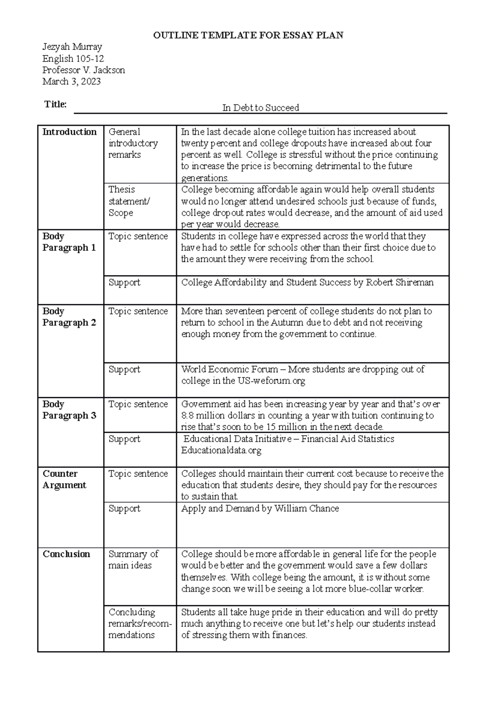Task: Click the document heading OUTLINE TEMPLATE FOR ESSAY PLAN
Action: (248, 36)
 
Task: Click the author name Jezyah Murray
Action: (72, 47)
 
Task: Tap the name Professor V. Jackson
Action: (83, 70)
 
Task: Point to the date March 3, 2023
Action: (72, 81)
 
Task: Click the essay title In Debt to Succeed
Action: (260, 108)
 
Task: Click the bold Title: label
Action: (55, 104)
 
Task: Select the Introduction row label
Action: (69, 132)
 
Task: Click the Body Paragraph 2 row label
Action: (69, 317)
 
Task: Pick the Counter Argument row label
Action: (64, 479)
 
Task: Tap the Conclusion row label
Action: (66, 554)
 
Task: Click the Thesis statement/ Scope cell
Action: (129, 201)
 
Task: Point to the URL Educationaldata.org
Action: (221, 450)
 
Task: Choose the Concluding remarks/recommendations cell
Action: (139, 623)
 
